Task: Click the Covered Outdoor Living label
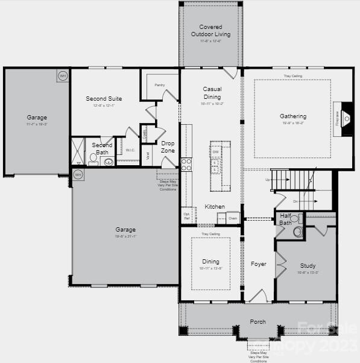210,31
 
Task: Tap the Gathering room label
293,116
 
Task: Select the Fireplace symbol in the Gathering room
346,118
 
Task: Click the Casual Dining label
212,93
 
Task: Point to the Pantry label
160,85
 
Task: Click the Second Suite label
104,98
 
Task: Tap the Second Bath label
102,149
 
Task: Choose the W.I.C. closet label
130,150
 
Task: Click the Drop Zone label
168,147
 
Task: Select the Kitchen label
215,207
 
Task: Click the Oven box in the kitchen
232,218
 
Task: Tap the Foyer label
259,264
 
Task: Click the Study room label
308,265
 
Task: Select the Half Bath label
285,219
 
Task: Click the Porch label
257,322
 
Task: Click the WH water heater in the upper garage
63,76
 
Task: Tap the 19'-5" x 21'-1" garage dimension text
126,237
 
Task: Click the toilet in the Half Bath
297,230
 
